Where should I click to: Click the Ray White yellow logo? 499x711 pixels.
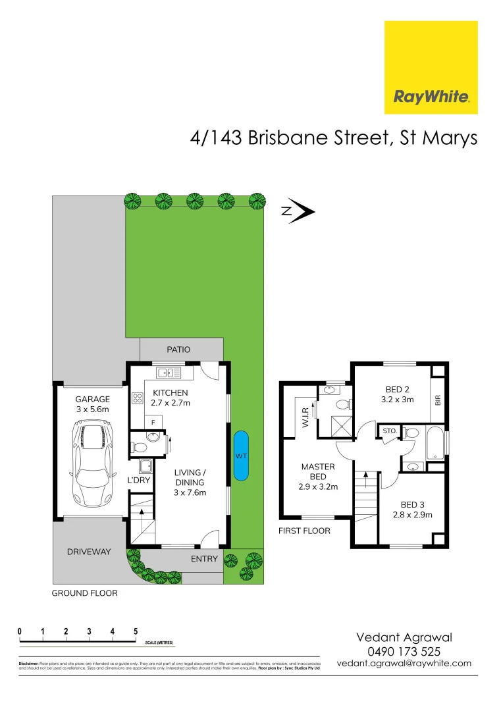[x=431, y=67]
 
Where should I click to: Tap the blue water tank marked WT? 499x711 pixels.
[x=241, y=456]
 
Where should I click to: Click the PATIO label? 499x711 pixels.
[x=178, y=350]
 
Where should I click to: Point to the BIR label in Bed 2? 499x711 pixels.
[x=437, y=400]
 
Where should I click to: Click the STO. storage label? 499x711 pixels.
[x=388, y=432]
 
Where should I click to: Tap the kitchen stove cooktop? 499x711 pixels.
[x=138, y=398]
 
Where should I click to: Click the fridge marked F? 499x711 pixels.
[x=153, y=421]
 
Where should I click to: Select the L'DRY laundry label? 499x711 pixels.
[x=140, y=481]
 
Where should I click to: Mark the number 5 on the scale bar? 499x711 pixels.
[x=135, y=631]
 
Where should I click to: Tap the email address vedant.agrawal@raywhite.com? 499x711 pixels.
[x=404, y=664]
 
